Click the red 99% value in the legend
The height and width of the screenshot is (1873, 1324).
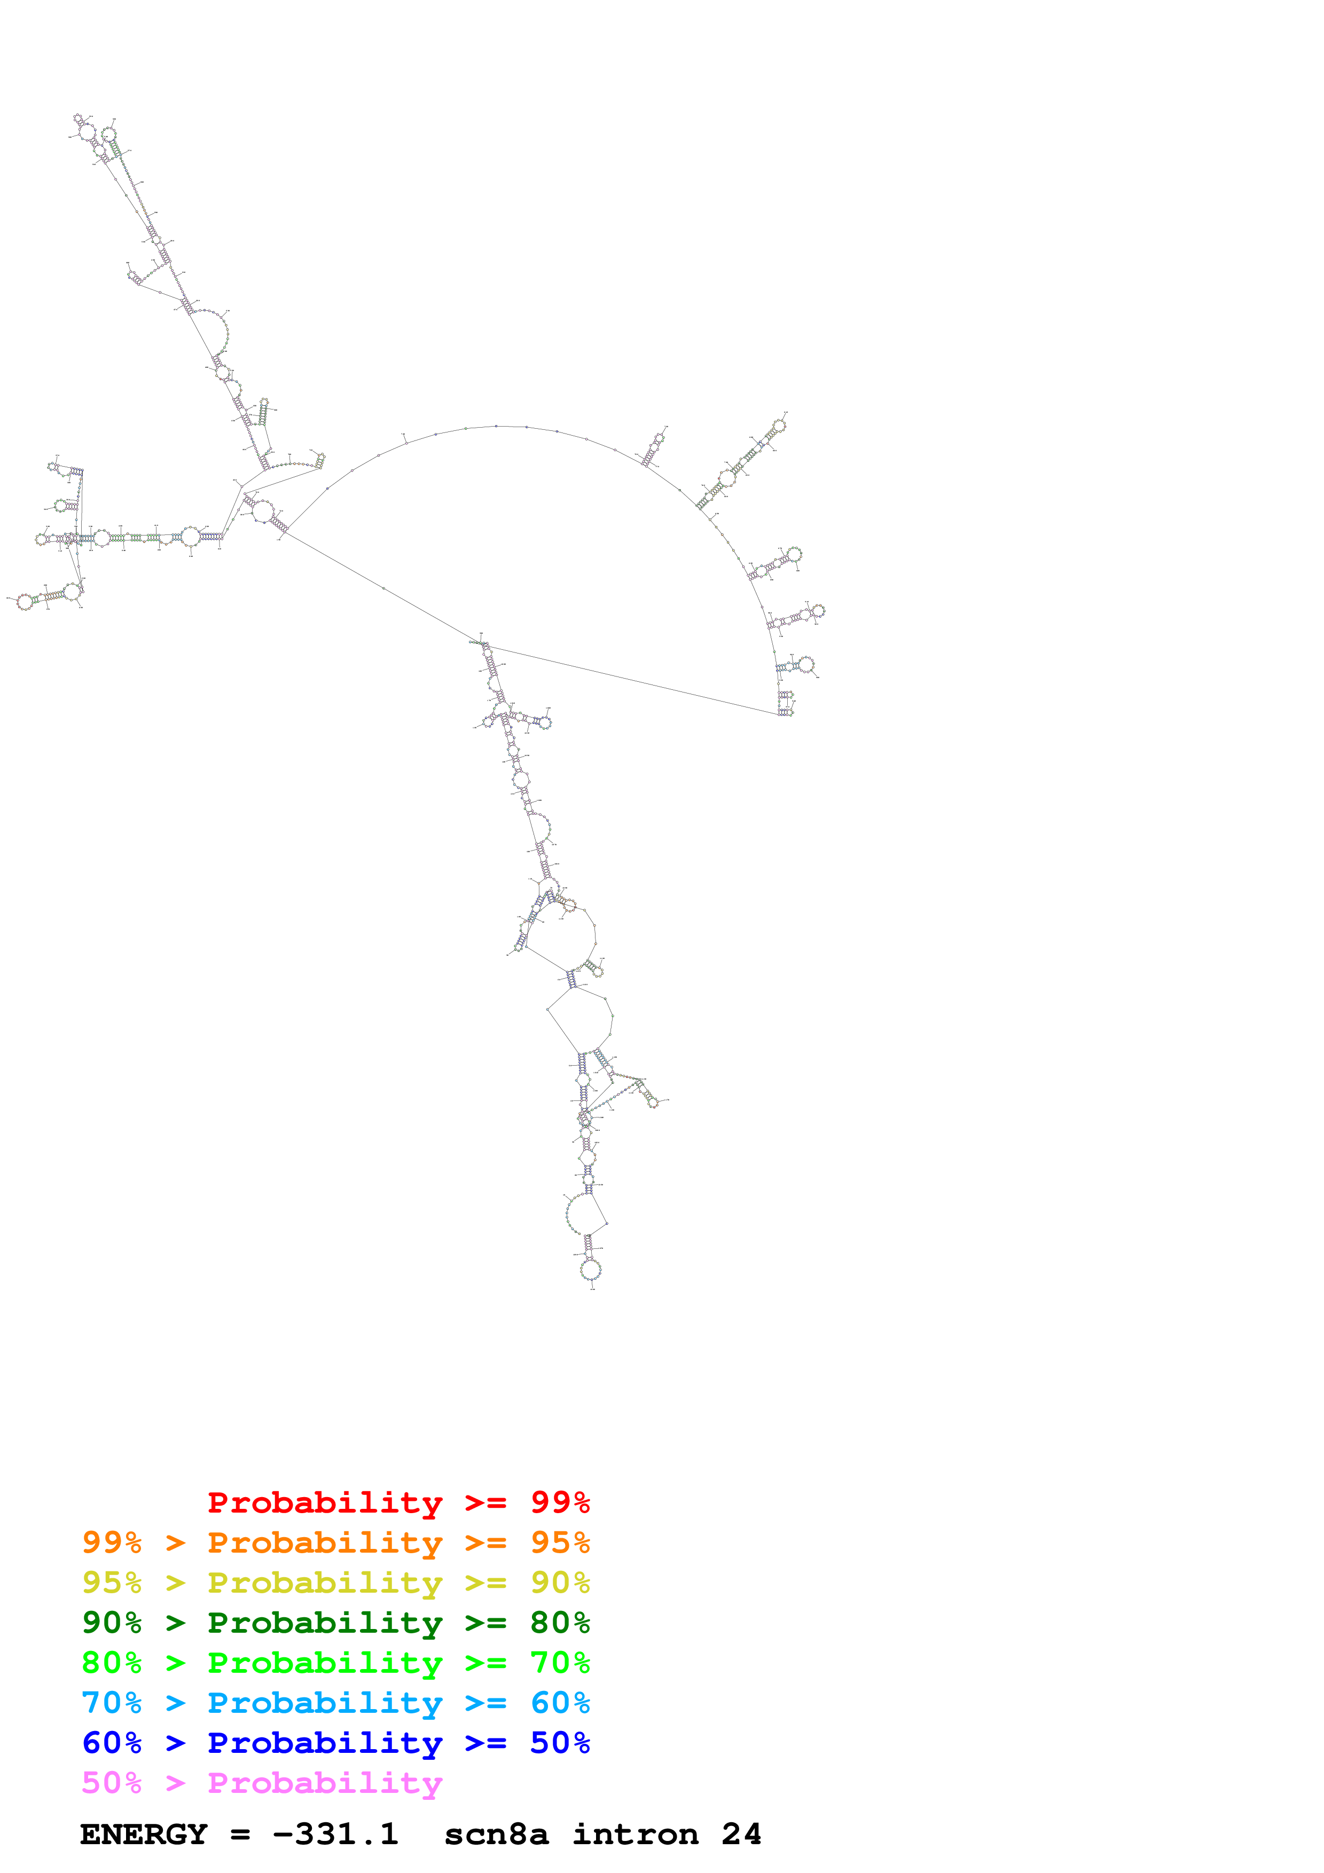tap(560, 1502)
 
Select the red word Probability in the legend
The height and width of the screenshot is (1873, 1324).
tap(325, 1502)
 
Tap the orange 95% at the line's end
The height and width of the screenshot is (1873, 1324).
tap(560, 1543)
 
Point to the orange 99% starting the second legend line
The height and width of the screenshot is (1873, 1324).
tap(112, 1543)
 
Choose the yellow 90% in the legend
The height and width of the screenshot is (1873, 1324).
tap(560, 1583)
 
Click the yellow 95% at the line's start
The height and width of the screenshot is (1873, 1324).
tap(112, 1583)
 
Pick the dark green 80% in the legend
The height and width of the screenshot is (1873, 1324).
tap(560, 1623)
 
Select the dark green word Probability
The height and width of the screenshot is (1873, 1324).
tap(325, 1623)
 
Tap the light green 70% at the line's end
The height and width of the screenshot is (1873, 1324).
tap(560, 1663)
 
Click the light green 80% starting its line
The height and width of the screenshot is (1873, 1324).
tap(112, 1663)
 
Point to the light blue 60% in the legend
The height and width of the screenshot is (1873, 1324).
tap(560, 1703)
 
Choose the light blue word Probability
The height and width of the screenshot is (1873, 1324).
tap(325, 1703)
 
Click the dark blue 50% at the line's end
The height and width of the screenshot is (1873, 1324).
tap(560, 1743)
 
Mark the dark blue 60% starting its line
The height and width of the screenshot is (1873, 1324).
tap(112, 1743)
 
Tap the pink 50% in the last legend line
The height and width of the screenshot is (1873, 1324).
tap(112, 1782)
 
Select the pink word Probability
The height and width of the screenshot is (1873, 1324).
tap(325, 1782)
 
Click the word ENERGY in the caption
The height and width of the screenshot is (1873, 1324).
tap(144, 1834)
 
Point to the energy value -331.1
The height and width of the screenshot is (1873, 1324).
tap(335, 1834)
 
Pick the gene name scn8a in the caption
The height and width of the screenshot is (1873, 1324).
tap(496, 1834)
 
